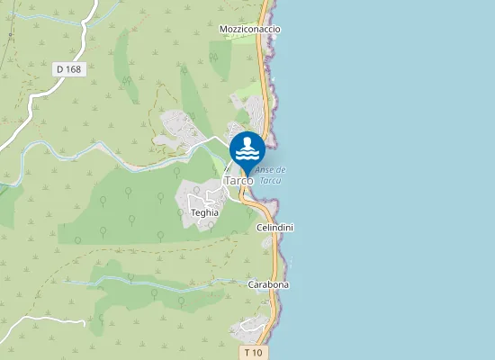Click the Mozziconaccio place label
[250, 30]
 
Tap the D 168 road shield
[68, 69]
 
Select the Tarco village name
[238, 180]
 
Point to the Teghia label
[205, 213]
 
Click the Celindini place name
[275, 228]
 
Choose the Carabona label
[269, 284]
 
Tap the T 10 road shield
[254, 352]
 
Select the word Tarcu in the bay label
[270, 180]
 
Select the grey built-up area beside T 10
[252, 328]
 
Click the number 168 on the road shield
[73, 69]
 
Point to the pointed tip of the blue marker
[247, 175]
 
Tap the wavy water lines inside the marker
[247, 154]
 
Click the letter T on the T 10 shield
[247, 352]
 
